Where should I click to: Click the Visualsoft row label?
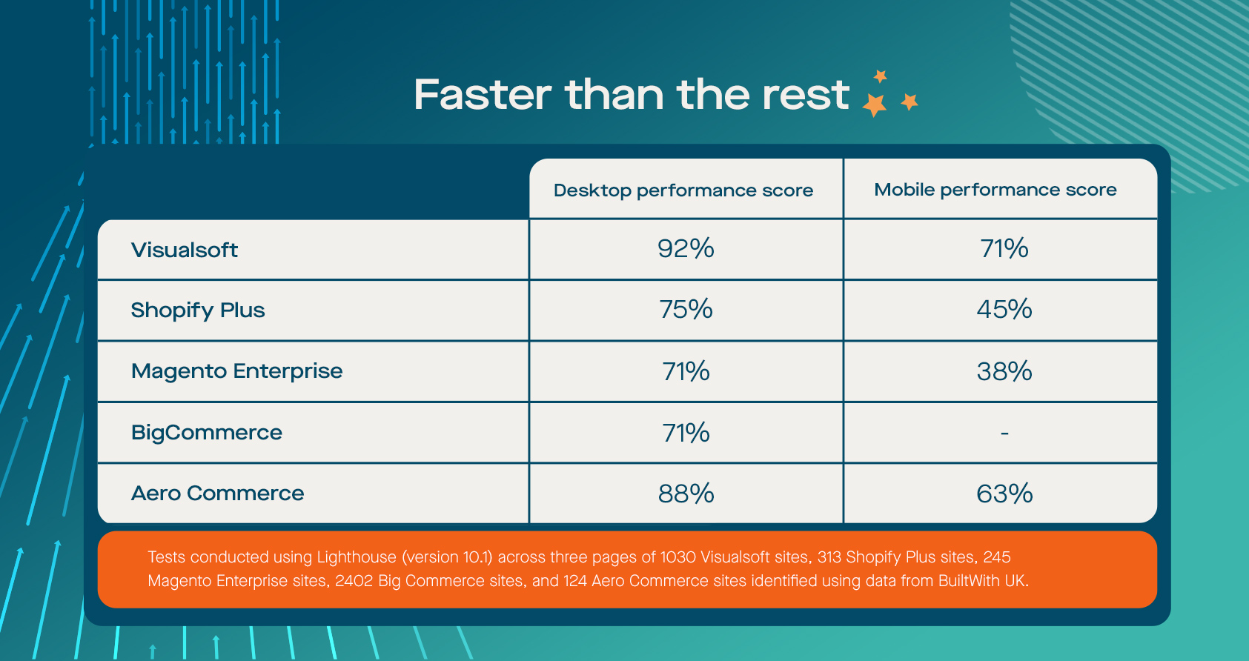pyautogui.click(x=184, y=250)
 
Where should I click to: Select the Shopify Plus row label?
pyautogui.click(x=197, y=310)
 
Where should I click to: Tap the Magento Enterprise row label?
pyautogui.click(x=236, y=371)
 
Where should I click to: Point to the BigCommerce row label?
pyautogui.click(x=206, y=433)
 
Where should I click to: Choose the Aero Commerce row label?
pyautogui.click(x=217, y=494)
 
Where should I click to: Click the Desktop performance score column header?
pyautogui.click(x=683, y=190)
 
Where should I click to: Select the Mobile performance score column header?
pyautogui.click(x=995, y=190)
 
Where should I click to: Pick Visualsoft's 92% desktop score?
pyautogui.click(x=686, y=248)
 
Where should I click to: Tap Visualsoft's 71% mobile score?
pyautogui.click(x=1004, y=248)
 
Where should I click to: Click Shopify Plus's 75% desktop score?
pyautogui.click(x=686, y=309)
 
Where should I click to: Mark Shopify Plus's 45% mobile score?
pyautogui.click(x=1004, y=309)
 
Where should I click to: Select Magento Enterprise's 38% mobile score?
pyautogui.click(x=1004, y=371)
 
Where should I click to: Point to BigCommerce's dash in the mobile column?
pyautogui.click(x=1005, y=433)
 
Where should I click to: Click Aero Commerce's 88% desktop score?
pyautogui.click(x=686, y=494)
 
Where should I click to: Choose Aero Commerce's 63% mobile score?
pyautogui.click(x=1004, y=494)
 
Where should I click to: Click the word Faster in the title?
pyautogui.click(x=483, y=95)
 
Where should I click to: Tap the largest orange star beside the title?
pyautogui.click(x=875, y=104)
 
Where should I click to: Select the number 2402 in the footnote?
pyautogui.click(x=354, y=581)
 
